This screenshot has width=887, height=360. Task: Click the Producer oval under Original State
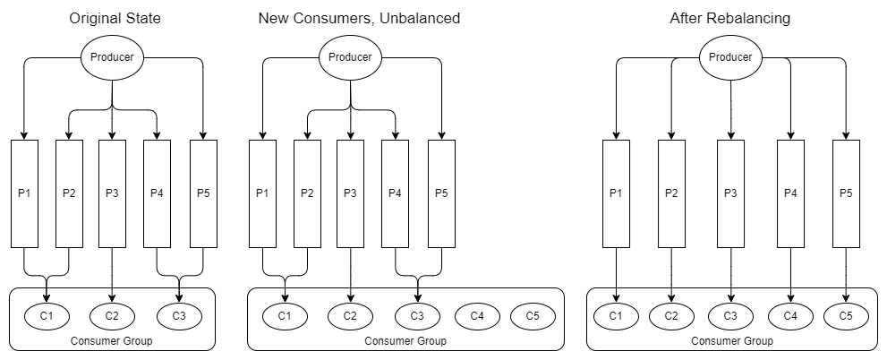click(x=111, y=57)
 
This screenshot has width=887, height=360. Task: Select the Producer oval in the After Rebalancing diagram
click(x=730, y=56)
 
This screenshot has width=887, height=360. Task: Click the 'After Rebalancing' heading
click(x=729, y=18)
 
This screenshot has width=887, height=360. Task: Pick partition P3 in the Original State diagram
click(x=112, y=193)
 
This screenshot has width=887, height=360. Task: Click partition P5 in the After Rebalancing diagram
click(x=847, y=193)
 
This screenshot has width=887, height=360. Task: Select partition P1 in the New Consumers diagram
click(x=262, y=193)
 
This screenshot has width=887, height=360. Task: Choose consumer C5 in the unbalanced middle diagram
click(x=533, y=315)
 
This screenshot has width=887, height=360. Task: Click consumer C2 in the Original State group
click(x=112, y=315)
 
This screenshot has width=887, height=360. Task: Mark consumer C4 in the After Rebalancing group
click(x=790, y=315)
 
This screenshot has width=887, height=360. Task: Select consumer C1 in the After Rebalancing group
click(x=616, y=315)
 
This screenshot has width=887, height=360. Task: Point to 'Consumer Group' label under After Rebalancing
click(x=730, y=340)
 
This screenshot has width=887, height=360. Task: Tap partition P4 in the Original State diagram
click(x=158, y=193)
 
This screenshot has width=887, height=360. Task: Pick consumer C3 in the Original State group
click(x=179, y=315)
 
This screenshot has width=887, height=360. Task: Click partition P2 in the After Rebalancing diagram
click(x=672, y=193)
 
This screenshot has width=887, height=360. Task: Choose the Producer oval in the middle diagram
click(x=350, y=57)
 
